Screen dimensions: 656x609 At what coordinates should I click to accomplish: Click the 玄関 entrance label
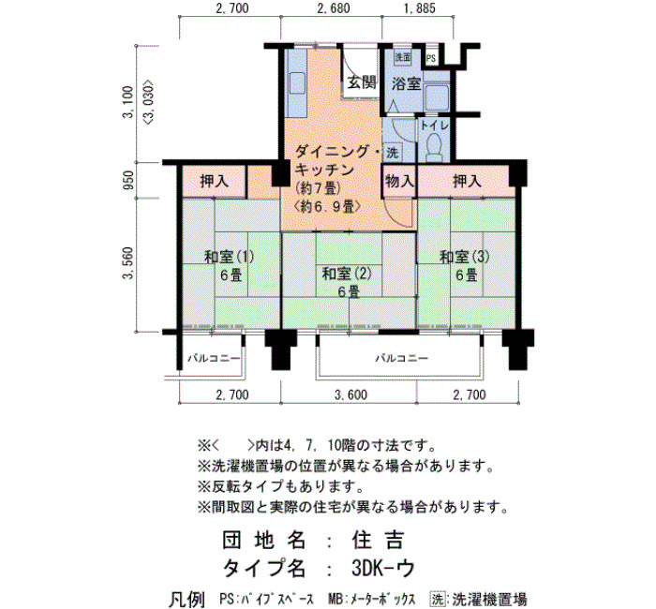click(362, 82)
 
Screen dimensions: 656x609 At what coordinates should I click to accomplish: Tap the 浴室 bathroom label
click(406, 84)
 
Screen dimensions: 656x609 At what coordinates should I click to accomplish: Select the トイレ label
click(434, 125)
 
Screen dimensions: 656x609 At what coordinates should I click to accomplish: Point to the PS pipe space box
click(431, 58)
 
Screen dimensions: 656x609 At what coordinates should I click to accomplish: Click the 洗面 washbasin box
click(403, 57)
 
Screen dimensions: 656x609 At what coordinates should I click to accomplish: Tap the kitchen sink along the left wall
click(296, 95)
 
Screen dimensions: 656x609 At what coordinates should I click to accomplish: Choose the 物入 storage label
click(399, 181)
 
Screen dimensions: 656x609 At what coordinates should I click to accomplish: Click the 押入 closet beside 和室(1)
click(214, 181)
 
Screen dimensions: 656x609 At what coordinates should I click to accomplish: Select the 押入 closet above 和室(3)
click(467, 181)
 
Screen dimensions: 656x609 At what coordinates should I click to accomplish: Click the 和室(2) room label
click(347, 274)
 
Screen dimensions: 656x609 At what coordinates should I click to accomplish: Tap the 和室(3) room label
click(465, 257)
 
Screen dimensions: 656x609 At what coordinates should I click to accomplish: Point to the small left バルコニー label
click(214, 359)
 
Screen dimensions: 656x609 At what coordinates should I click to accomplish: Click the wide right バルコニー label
click(401, 359)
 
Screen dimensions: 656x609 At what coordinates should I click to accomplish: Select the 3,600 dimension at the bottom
click(350, 394)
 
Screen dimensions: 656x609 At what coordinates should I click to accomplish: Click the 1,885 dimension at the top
click(420, 7)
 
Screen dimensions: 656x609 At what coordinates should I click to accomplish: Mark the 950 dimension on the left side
click(129, 180)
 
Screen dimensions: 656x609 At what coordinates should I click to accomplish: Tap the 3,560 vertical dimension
click(128, 263)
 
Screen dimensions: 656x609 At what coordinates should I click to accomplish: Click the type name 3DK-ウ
click(383, 568)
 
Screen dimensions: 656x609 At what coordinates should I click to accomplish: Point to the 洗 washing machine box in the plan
click(392, 153)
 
